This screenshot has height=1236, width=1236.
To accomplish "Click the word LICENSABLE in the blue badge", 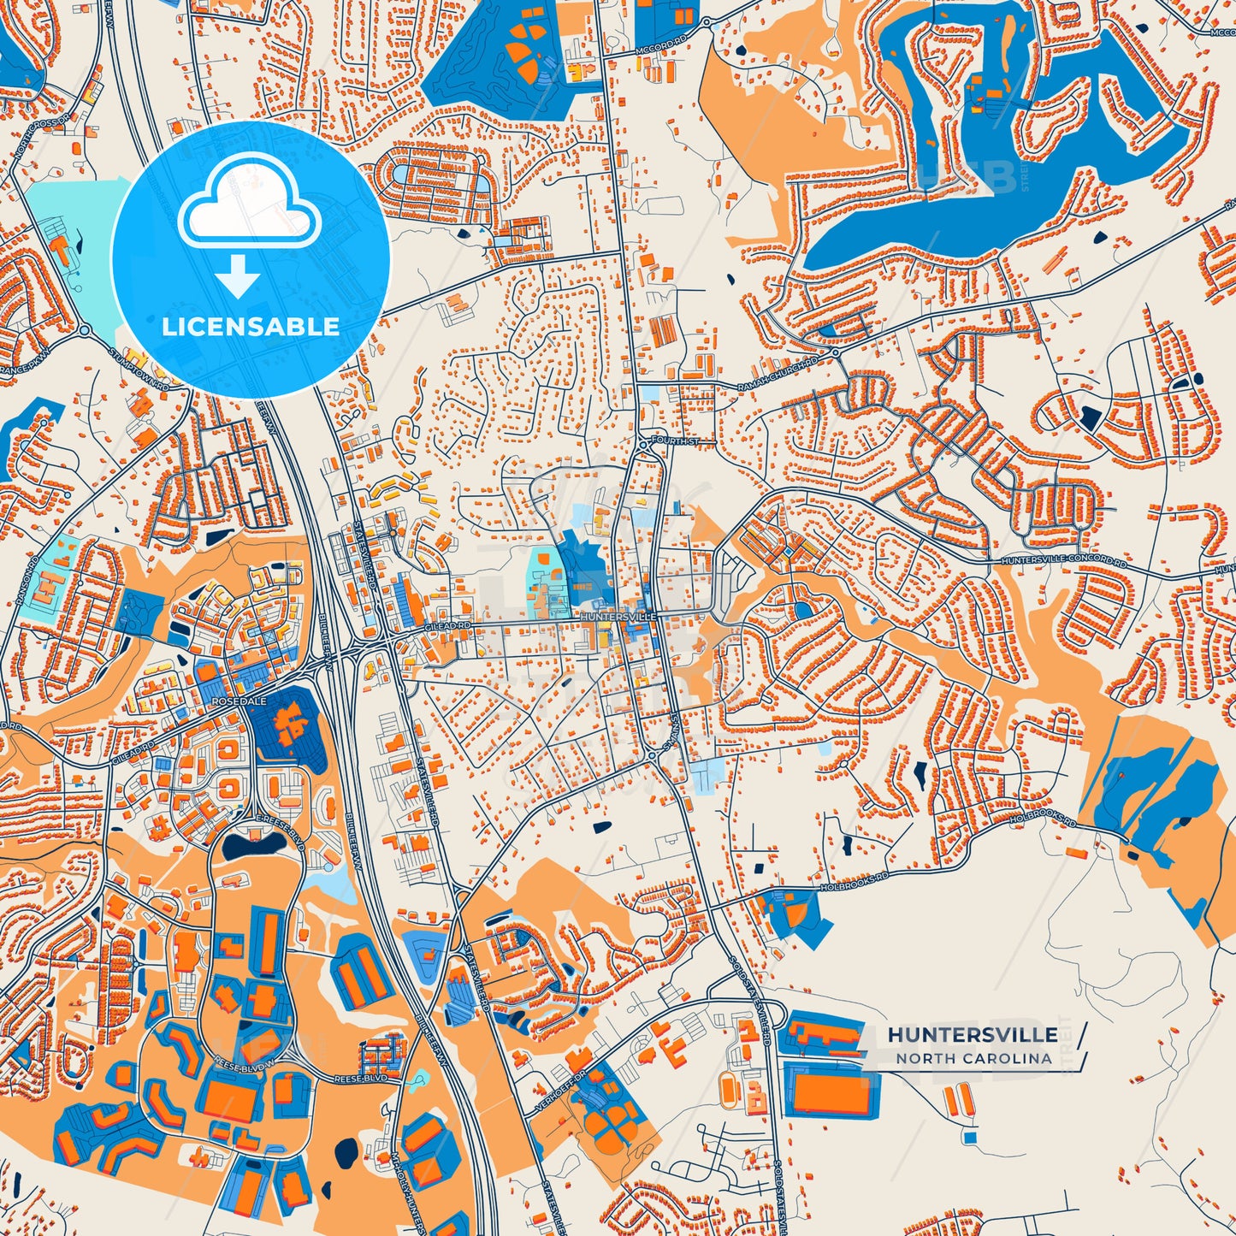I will tap(251, 327).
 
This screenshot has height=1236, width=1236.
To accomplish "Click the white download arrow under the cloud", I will tap(238, 276).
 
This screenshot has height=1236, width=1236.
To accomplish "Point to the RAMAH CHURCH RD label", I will tap(778, 375).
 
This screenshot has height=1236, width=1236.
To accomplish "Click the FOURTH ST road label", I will tap(675, 441).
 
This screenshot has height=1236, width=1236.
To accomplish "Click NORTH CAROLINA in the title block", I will tap(973, 1058).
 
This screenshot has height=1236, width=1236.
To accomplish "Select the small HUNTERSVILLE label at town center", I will tap(618, 617).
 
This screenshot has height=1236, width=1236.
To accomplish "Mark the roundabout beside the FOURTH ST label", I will tap(642, 442).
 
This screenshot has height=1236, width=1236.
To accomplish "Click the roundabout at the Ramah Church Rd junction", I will tap(835, 351).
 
